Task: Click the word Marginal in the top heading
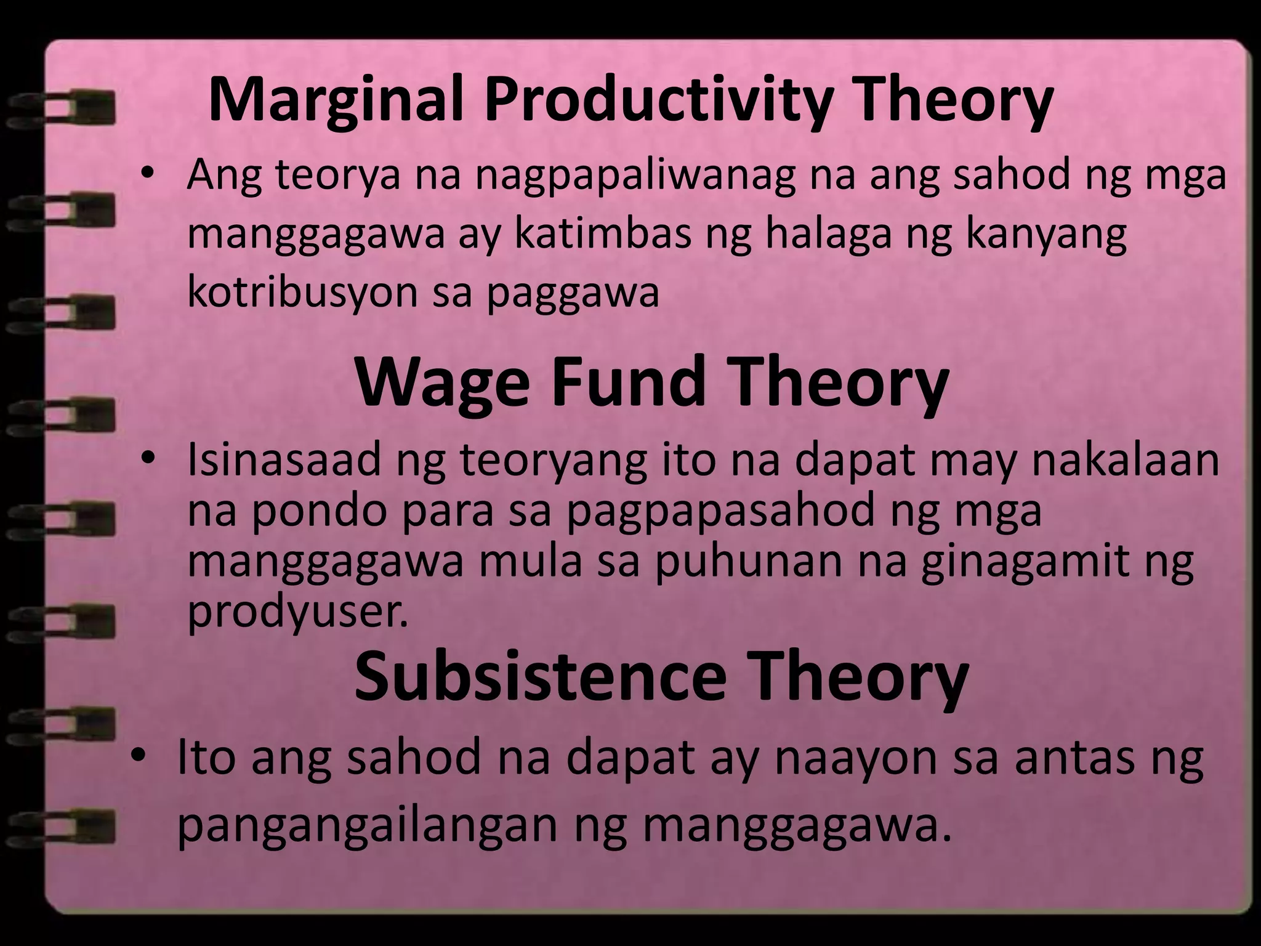point(336,100)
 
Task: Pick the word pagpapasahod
point(721,511)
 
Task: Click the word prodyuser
point(298,612)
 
